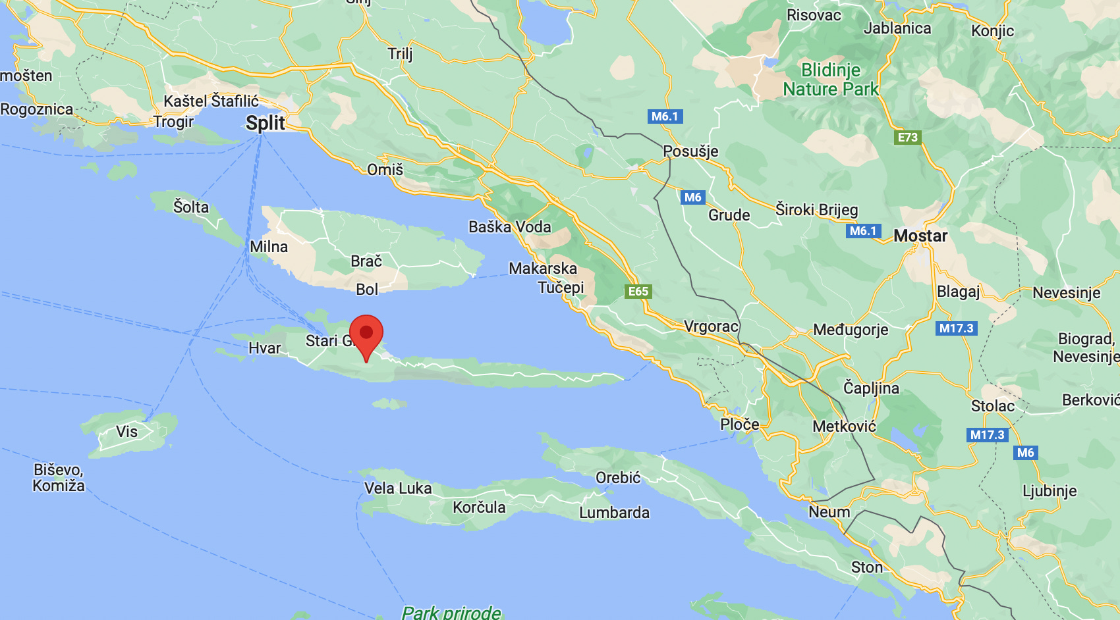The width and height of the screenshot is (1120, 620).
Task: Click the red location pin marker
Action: point(366,334)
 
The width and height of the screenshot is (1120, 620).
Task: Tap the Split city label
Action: point(266,123)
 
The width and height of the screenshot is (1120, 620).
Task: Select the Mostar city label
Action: point(920,236)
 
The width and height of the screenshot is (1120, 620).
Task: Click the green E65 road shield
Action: point(638,292)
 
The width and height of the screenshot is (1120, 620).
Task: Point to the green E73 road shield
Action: point(907,138)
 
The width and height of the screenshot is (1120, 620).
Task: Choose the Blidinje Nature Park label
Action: point(831,80)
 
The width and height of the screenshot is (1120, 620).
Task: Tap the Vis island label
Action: point(126,432)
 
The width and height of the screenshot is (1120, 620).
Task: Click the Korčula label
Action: point(479,507)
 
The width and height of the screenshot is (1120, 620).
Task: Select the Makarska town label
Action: point(543,269)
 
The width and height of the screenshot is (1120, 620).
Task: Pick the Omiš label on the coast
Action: point(385,170)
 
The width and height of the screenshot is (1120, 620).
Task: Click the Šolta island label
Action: point(190,207)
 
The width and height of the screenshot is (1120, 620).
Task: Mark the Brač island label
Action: point(366,261)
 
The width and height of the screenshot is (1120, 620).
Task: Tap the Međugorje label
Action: point(851,330)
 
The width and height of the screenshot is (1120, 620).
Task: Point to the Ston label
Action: point(866,567)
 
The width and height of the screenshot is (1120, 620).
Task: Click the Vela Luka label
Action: point(398,488)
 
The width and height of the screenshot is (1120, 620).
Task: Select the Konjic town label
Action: point(992,31)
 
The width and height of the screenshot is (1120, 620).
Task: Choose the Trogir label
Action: point(173,122)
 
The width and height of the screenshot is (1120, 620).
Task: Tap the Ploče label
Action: point(739,425)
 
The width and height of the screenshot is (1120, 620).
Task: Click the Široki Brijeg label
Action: point(816,210)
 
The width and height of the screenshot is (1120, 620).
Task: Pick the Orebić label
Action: point(617,478)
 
